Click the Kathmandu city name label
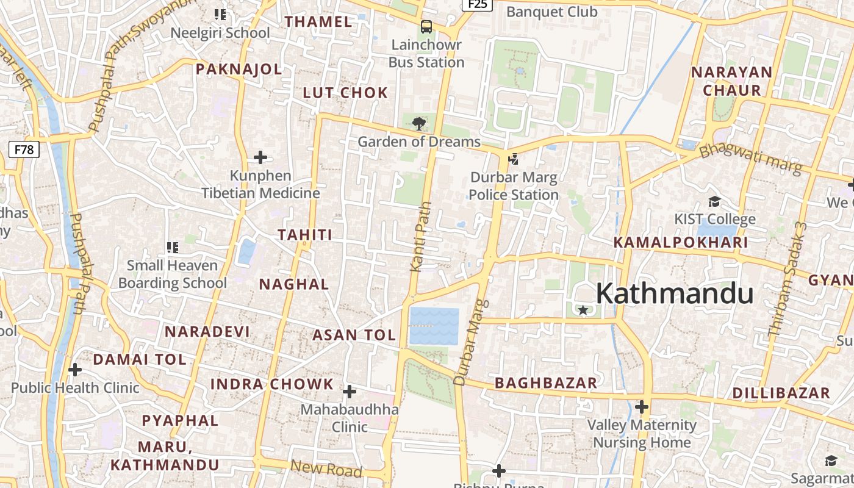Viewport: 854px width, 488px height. [674, 294]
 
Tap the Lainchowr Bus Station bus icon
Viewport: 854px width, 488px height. [426, 27]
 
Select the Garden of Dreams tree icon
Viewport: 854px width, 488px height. [418, 124]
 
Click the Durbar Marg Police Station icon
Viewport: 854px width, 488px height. [514, 159]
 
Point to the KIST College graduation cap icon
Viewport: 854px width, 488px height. [714, 201]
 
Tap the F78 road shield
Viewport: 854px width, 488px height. [24, 149]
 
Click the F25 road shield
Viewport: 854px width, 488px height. [476, 4]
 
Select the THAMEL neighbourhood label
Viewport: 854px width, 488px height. [318, 22]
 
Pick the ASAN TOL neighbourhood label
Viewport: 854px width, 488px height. [354, 335]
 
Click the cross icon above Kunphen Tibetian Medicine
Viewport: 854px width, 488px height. [260, 157]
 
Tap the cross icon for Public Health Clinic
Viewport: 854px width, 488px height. [75, 370]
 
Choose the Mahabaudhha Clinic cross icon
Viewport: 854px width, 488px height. [350, 391]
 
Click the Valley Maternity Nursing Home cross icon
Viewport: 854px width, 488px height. [642, 407]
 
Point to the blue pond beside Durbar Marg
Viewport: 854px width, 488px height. [434, 326]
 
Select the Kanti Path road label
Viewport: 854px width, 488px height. [421, 237]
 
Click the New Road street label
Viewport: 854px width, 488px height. [326, 468]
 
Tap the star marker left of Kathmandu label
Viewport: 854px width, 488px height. [583, 310]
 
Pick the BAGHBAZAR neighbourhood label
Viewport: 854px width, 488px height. [545, 383]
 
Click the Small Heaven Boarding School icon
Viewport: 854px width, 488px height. [173, 248]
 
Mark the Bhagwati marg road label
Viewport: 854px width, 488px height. [750, 158]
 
